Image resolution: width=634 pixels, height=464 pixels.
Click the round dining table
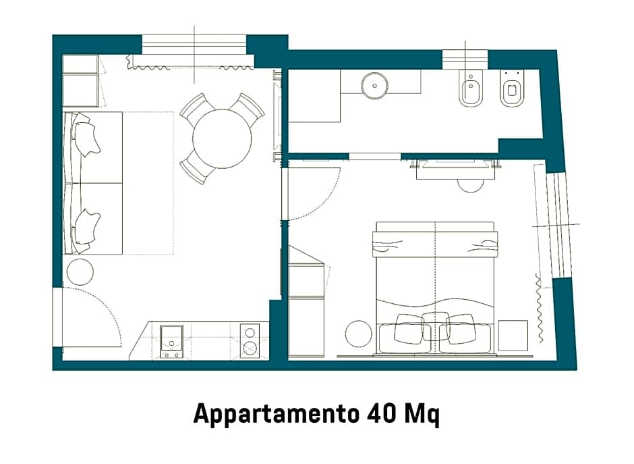click(221, 139)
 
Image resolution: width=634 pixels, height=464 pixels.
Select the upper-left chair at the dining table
click(196, 107)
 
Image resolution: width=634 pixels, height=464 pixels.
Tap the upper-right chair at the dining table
click(247, 107)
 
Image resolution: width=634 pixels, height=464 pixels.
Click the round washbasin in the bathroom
click(375, 86)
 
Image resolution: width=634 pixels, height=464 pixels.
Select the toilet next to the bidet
click(513, 91)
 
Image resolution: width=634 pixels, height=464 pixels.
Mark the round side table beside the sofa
click(80, 272)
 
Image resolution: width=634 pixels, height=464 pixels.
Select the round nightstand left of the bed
click(359, 333)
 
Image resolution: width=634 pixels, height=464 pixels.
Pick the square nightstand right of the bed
click(513, 334)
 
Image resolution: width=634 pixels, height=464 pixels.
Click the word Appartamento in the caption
click(276, 413)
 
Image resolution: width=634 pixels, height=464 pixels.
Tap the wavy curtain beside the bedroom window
click(539, 308)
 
